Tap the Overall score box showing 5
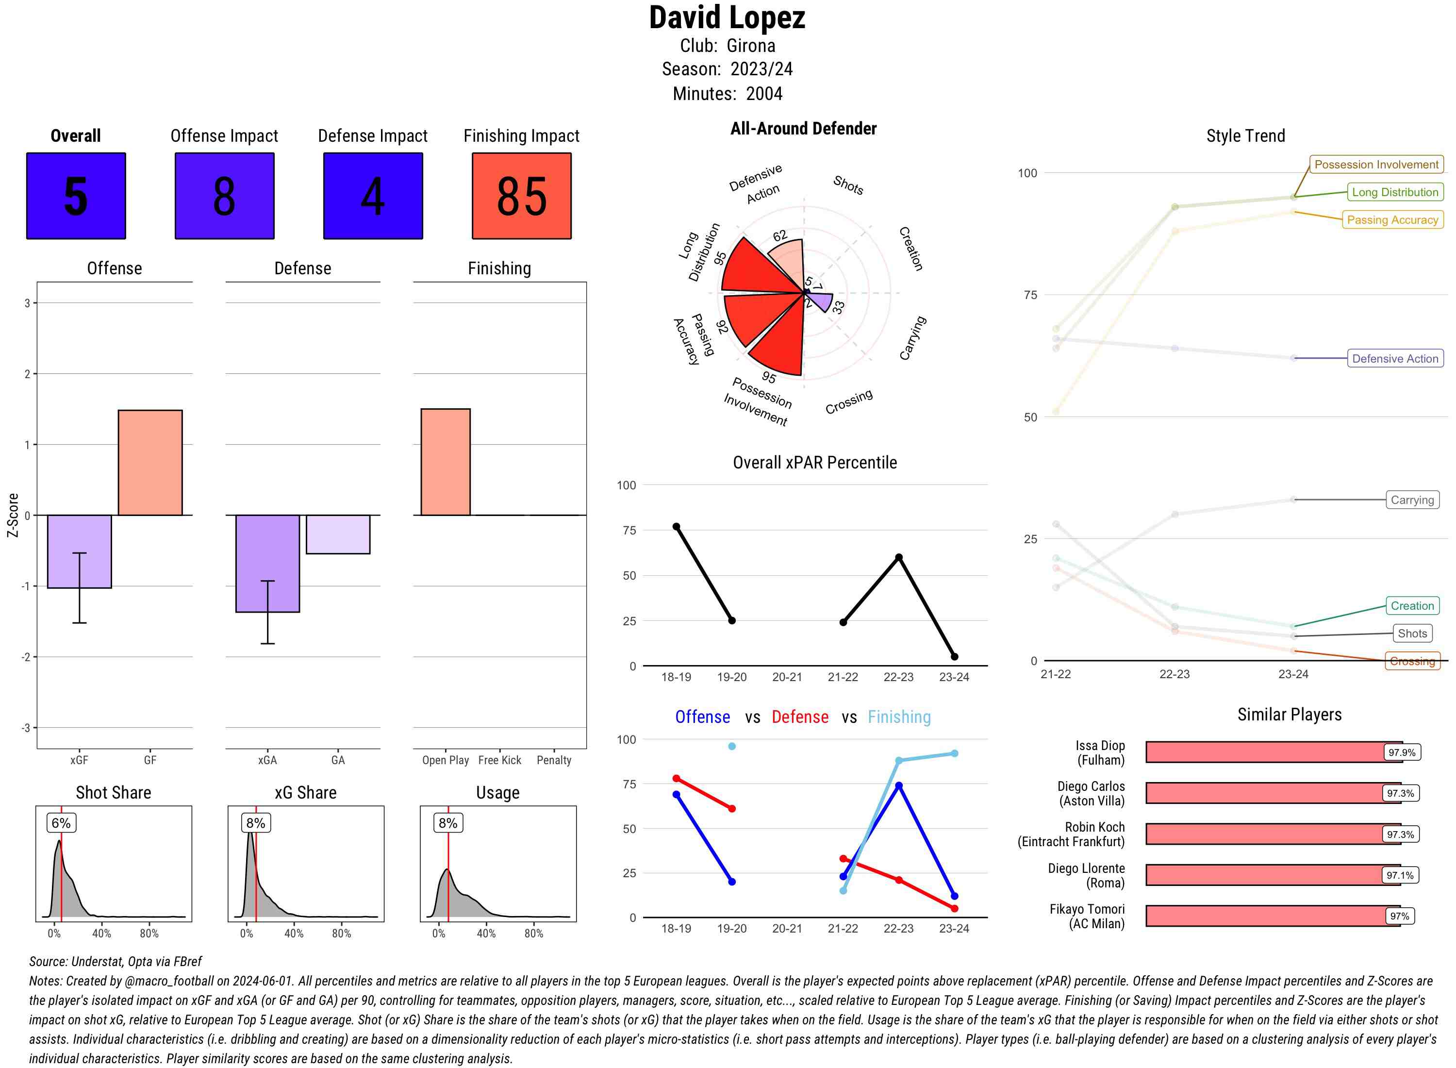pos(76,196)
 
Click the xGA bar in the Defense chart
pos(267,563)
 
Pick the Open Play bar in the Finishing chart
pos(445,462)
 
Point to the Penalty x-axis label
pos(554,760)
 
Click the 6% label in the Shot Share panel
pos(61,823)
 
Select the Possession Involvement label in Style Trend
pos(1376,165)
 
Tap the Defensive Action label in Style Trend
pos(1395,359)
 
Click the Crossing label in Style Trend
pos(1412,661)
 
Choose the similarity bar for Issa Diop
pos(1273,752)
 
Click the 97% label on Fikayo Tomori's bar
pos(1399,916)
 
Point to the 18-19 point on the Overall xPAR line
pos(676,527)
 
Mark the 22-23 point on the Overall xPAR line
pos(898,557)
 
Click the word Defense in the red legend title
pos(799,717)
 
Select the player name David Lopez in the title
pos(727,18)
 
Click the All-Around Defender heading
pos(803,129)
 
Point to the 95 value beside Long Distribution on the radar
pos(720,258)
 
